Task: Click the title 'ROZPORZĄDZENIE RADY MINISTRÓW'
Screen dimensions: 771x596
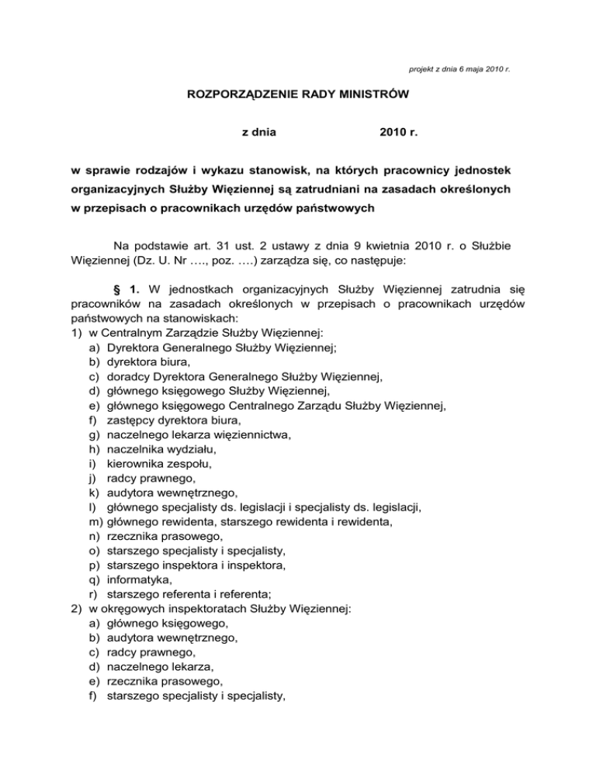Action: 298,97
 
